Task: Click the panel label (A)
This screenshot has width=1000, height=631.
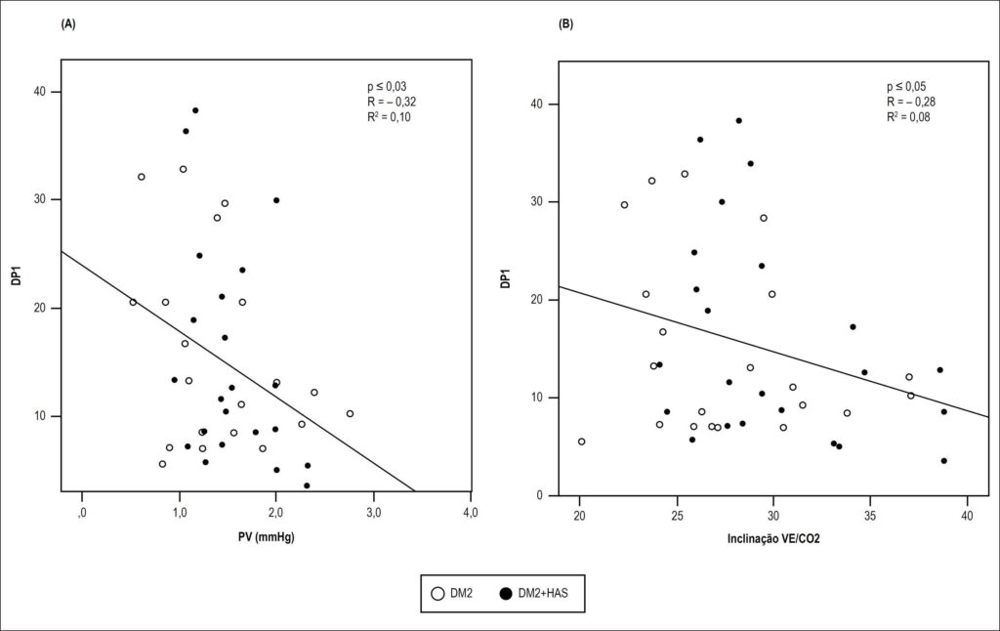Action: pyautogui.click(x=68, y=24)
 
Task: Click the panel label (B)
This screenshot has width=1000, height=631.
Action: pyautogui.click(x=565, y=24)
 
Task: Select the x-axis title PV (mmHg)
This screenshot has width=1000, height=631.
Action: pyautogui.click(x=266, y=537)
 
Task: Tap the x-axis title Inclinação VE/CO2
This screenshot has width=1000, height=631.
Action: pyautogui.click(x=773, y=539)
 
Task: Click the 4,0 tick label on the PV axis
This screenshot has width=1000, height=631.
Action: pyautogui.click(x=470, y=513)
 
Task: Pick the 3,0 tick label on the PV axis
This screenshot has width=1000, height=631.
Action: pyautogui.click(x=373, y=513)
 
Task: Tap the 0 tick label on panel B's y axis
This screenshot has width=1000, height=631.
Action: pyautogui.click(x=539, y=496)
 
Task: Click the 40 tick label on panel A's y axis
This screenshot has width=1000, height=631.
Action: pyautogui.click(x=39, y=92)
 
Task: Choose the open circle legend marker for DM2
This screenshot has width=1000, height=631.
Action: pyautogui.click(x=437, y=593)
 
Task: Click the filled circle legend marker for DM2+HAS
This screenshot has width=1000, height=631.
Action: pyautogui.click(x=507, y=593)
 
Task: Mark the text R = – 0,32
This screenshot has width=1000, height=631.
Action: pyautogui.click(x=392, y=103)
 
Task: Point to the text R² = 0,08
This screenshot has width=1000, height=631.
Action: pyautogui.click(x=908, y=117)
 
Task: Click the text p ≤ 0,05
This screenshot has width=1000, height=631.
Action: pyautogui.click(x=906, y=87)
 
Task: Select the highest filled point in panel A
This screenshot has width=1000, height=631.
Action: pyautogui.click(x=195, y=110)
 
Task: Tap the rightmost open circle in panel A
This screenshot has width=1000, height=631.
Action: pyautogui.click(x=350, y=413)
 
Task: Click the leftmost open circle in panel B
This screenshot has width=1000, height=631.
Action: pyautogui.click(x=582, y=442)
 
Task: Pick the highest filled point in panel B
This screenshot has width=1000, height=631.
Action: pyautogui.click(x=738, y=120)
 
